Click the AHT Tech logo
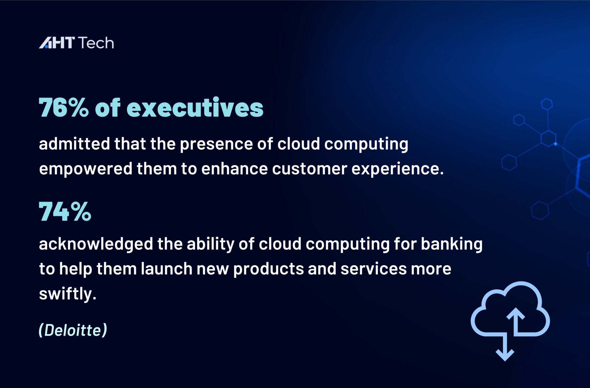76,43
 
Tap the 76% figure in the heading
64,108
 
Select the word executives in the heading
195,108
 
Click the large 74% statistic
65,212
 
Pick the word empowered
86,169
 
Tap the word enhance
234,169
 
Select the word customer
309,169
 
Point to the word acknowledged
96,244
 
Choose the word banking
451,244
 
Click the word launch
167,269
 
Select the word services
373,269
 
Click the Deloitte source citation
73,330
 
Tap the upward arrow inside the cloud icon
515,320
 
